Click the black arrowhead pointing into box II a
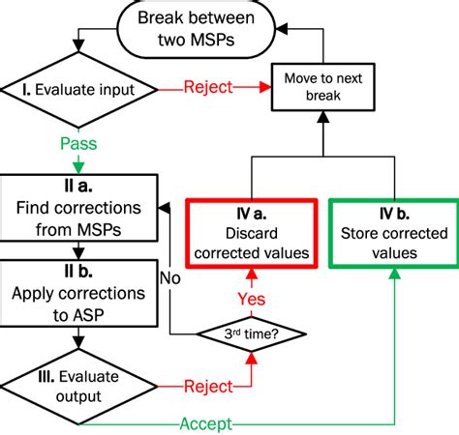click(166, 206)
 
